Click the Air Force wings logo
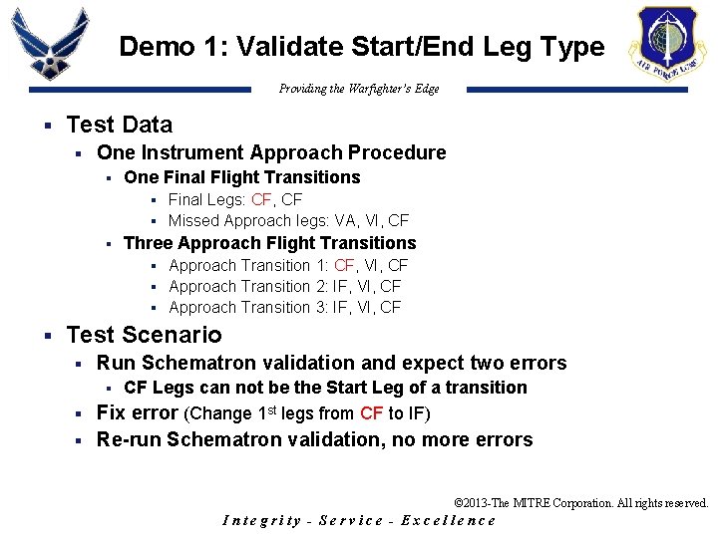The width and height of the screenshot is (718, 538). [x=50, y=45]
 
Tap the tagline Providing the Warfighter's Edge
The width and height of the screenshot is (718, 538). [x=359, y=89]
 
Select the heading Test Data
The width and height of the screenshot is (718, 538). [x=119, y=125]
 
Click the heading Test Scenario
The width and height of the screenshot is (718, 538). [x=144, y=335]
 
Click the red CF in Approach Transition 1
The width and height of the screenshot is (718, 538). [x=345, y=265]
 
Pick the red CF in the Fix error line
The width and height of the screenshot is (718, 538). [x=371, y=413]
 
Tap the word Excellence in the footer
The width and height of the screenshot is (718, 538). [x=448, y=520]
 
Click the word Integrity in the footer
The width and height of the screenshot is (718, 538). [x=261, y=520]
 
